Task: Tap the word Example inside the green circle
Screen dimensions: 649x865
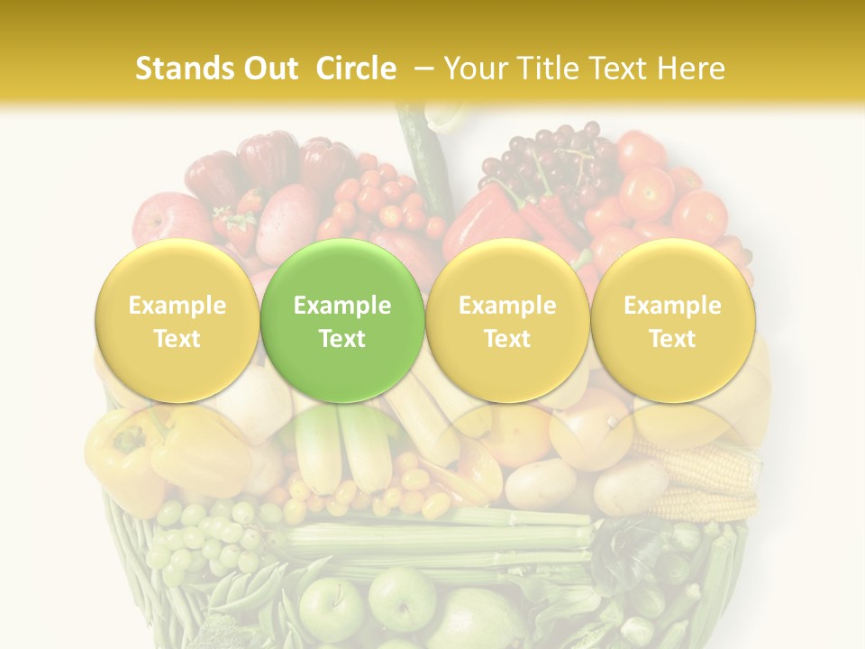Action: pyautogui.click(x=342, y=306)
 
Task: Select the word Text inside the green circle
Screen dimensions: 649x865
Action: pyautogui.click(x=342, y=339)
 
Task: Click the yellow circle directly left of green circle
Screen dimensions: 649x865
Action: pyautogui.click(x=178, y=321)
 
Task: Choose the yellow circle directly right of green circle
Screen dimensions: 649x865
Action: pyautogui.click(x=507, y=321)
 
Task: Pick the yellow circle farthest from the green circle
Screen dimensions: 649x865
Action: pyautogui.click(x=673, y=321)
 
